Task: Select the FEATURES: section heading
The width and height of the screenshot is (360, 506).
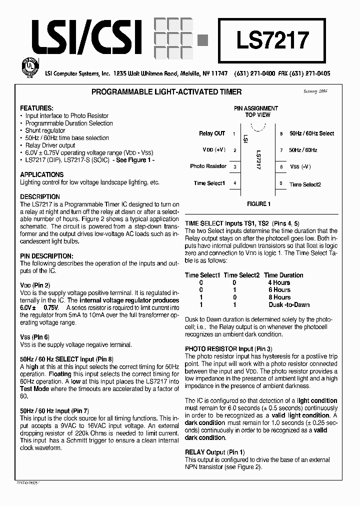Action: coord(36,108)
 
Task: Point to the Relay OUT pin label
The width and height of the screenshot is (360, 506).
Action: coord(212,133)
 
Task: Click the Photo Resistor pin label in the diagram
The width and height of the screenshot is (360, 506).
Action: coord(208,166)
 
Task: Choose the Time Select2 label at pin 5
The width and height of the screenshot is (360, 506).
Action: coord(305,184)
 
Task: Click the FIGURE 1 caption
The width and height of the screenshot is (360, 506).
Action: coord(258,204)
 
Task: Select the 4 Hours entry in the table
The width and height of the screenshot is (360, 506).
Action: coord(279,282)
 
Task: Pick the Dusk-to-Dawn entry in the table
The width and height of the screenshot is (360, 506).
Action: coord(289,304)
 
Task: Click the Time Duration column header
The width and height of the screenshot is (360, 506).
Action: coord(283,275)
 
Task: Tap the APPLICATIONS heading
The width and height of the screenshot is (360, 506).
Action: coord(42,174)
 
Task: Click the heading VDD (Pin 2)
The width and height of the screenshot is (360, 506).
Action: coord(35,285)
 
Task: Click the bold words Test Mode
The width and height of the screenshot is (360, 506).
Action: coord(34,388)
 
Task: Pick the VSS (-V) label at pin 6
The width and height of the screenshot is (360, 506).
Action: coord(300,166)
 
